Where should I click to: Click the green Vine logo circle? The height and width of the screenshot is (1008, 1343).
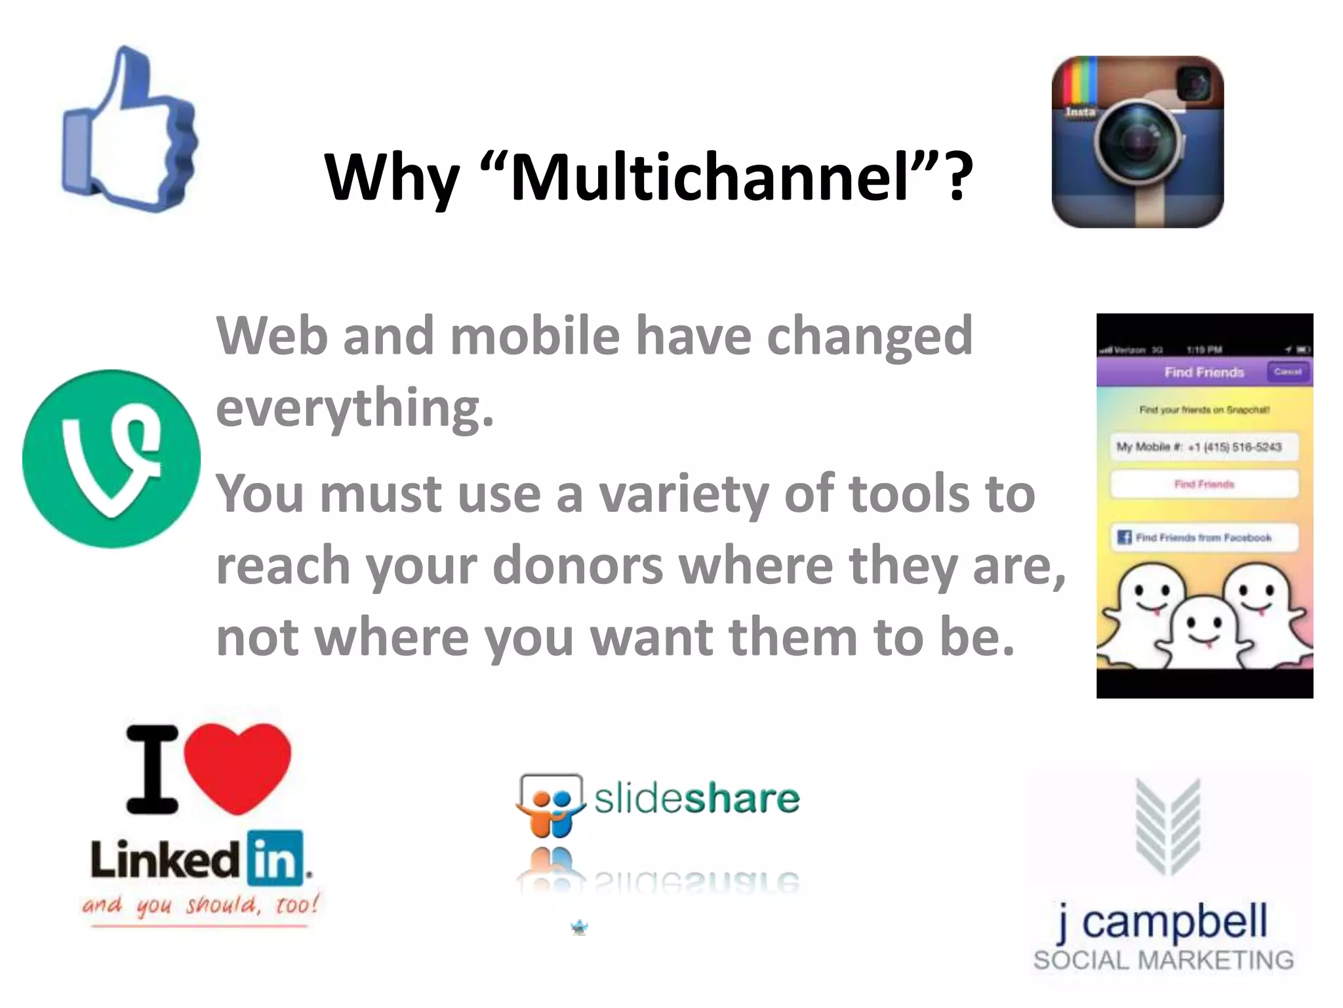point(111,459)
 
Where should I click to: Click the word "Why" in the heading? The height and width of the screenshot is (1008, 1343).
point(391,177)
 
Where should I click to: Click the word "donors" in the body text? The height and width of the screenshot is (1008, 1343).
point(577,566)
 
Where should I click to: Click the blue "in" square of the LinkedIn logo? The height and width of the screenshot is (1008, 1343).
point(275,858)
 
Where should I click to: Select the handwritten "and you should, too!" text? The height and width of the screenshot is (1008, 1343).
point(200,906)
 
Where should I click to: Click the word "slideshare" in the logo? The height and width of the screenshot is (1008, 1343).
point(696,799)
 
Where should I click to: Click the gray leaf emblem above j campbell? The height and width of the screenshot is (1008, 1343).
point(1168,827)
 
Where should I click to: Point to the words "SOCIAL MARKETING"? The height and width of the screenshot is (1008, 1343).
point(1163,960)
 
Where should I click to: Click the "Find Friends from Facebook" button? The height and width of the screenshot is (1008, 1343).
point(1204,537)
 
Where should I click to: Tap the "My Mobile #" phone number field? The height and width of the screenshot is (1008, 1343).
point(1204,447)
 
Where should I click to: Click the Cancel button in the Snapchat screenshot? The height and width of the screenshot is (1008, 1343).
point(1287,372)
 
